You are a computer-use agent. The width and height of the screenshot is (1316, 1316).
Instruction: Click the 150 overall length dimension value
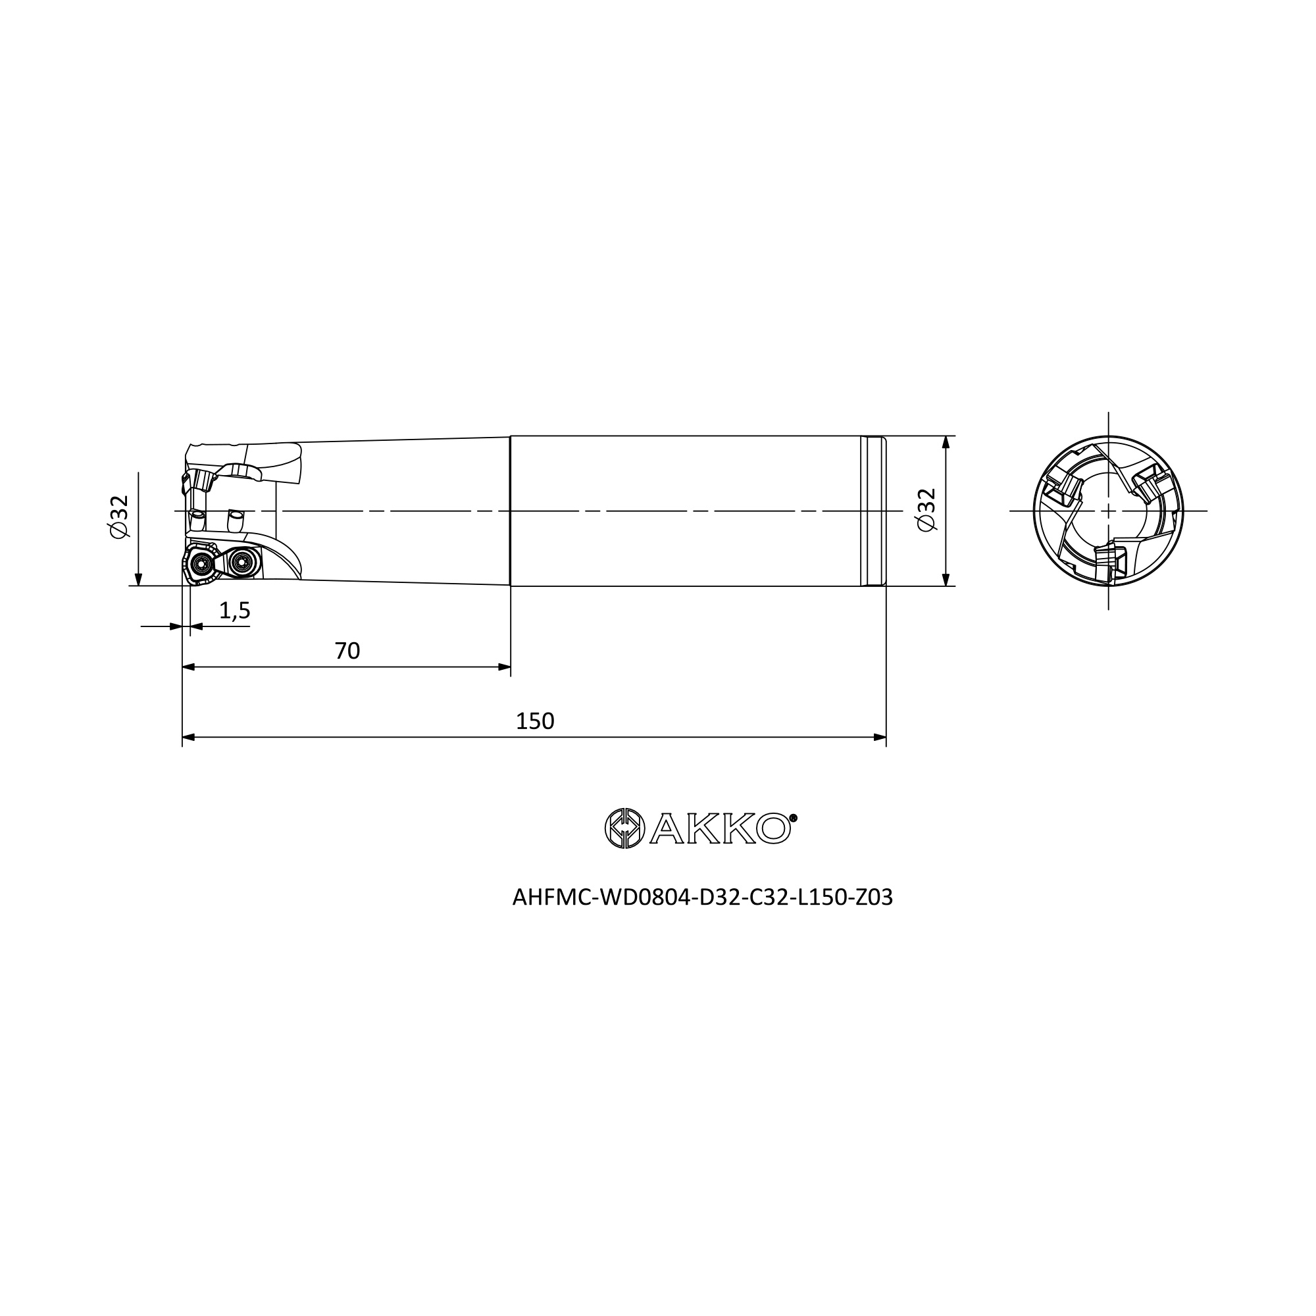point(535,721)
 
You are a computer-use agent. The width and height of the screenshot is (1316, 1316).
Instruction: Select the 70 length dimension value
point(347,651)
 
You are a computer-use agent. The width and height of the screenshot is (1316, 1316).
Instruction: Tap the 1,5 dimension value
point(235,611)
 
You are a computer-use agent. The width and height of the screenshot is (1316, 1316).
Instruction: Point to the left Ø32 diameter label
point(119,517)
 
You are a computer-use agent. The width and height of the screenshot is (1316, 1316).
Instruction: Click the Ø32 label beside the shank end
point(926,510)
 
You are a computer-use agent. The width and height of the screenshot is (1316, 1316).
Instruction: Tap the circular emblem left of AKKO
point(624,828)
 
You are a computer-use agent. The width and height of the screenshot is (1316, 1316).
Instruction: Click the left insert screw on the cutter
point(201,563)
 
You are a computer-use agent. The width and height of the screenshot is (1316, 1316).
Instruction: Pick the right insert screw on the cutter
point(240,562)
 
